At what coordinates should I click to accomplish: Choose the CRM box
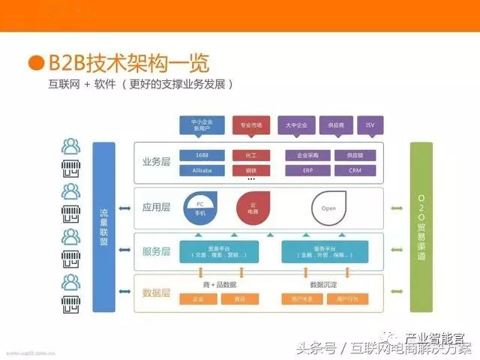(x=355, y=170)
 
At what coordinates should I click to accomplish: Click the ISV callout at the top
(x=370, y=124)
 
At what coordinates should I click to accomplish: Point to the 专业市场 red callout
(x=251, y=124)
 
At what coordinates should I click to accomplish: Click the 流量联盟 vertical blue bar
(x=103, y=226)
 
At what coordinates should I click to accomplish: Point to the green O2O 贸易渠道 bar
(x=421, y=226)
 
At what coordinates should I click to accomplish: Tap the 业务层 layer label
(x=157, y=161)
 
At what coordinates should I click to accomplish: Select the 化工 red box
(x=251, y=155)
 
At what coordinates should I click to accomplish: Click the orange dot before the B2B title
(x=35, y=61)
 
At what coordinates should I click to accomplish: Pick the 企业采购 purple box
(x=307, y=155)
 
